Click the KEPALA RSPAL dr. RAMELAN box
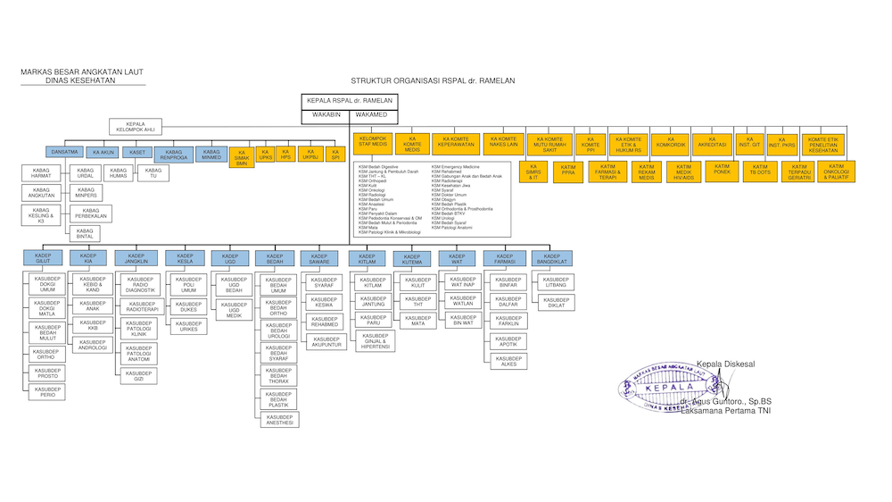click(x=348, y=101)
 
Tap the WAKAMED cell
click(x=372, y=114)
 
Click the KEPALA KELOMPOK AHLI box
click(x=136, y=128)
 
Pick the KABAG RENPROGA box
click(x=173, y=155)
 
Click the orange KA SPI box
click(x=335, y=155)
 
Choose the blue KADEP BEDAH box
click(x=275, y=258)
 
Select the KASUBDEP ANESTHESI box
click(x=279, y=420)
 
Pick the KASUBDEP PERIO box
click(x=47, y=391)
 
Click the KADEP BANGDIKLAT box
click(x=552, y=258)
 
